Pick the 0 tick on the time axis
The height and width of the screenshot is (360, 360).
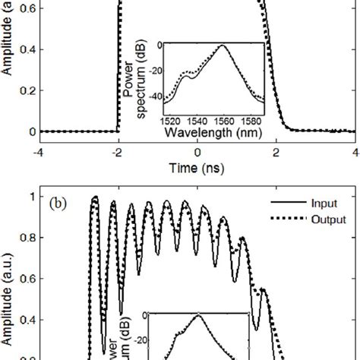pyautogui.click(x=197, y=151)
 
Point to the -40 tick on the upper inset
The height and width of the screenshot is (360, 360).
pyautogui.click(x=158, y=97)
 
